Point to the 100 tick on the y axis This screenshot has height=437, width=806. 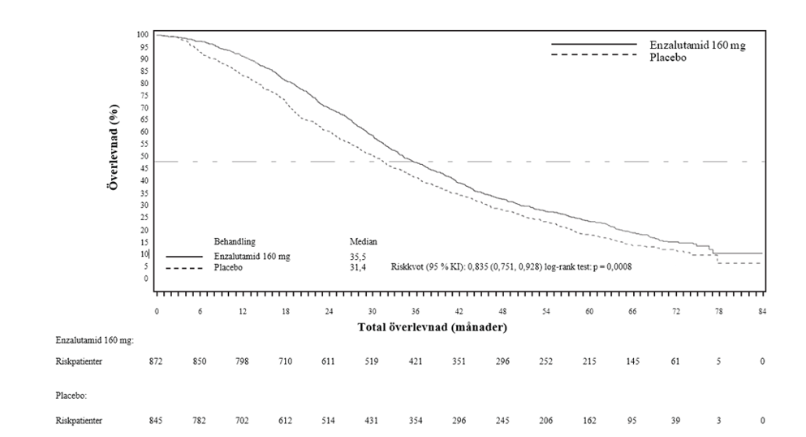click(143, 34)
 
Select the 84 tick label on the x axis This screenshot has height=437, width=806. click(761, 312)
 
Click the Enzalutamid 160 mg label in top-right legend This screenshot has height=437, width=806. click(697, 45)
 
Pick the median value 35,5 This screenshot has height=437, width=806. click(356, 257)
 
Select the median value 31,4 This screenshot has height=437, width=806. click(356, 267)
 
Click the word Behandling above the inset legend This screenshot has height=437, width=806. click(235, 242)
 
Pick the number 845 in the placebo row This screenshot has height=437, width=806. click(157, 420)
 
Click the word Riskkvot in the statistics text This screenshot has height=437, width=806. click(407, 267)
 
